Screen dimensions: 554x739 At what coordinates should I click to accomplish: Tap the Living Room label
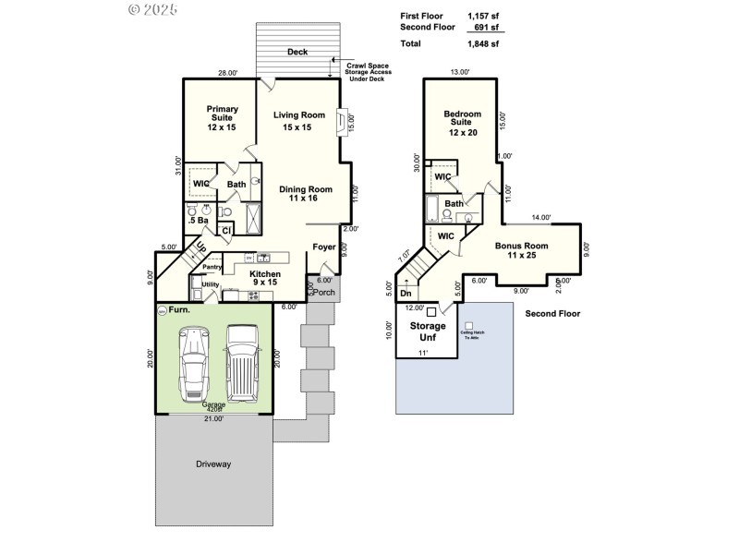[298, 120]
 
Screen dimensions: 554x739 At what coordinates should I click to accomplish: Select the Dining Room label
[305, 194]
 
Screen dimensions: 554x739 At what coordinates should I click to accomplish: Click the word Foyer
[324, 247]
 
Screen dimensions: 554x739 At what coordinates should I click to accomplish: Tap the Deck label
[297, 53]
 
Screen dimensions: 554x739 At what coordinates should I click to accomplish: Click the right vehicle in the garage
[242, 362]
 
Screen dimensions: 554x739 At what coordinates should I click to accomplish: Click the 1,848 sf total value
[482, 43]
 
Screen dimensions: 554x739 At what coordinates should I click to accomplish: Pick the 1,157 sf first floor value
[482, 16]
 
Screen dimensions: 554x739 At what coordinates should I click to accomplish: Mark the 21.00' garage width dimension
[213, 418]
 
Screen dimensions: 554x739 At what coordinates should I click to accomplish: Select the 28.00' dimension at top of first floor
[227, 73]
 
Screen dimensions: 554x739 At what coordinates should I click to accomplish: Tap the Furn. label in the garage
[179, 310]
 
